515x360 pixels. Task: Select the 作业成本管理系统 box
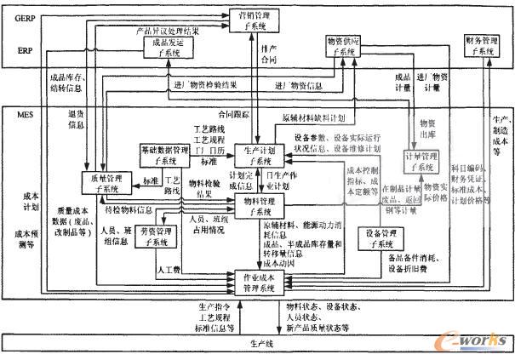259,283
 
